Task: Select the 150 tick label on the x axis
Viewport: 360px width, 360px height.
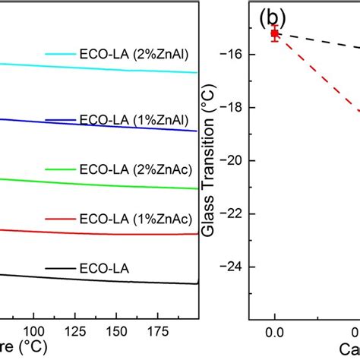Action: tap(115, 331)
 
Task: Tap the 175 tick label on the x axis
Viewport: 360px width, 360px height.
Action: tap(156, 331)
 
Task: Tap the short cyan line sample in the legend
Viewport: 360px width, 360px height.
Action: tap(59, 55)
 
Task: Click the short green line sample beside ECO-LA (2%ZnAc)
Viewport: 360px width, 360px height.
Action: tap(59, 168)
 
